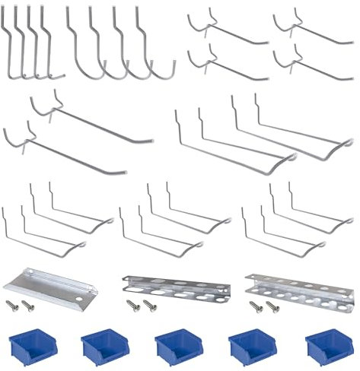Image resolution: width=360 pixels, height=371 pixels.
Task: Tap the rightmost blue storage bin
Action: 325,346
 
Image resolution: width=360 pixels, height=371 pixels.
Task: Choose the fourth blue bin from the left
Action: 251,346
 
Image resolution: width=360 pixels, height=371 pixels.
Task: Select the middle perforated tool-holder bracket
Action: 175,287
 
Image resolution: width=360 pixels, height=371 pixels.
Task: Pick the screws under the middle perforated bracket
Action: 139,306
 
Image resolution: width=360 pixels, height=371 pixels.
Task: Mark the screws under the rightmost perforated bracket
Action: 263,306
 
